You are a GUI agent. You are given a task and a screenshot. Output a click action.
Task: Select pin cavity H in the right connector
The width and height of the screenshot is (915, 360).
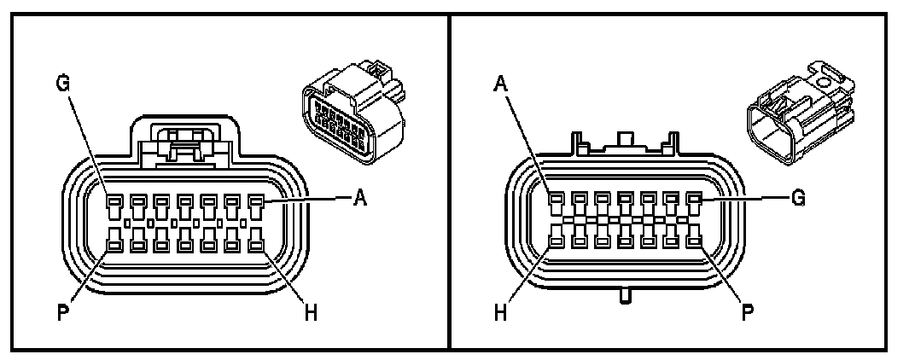coord(556,242)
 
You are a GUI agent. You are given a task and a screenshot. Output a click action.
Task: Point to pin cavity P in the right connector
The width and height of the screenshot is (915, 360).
coord(694,242)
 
